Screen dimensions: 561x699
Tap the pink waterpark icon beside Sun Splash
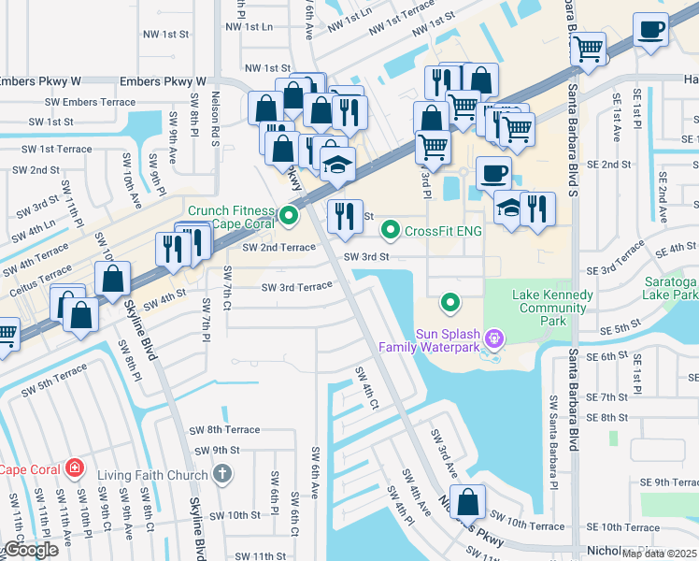coord(494,338)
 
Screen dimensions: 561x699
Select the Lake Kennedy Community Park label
coord(552,308)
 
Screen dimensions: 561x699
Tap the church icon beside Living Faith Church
coord(221,475)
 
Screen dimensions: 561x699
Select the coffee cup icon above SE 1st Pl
coord(650,29)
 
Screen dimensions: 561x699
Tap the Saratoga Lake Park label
coord(672,288)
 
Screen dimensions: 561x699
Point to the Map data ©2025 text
coord(660,554)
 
